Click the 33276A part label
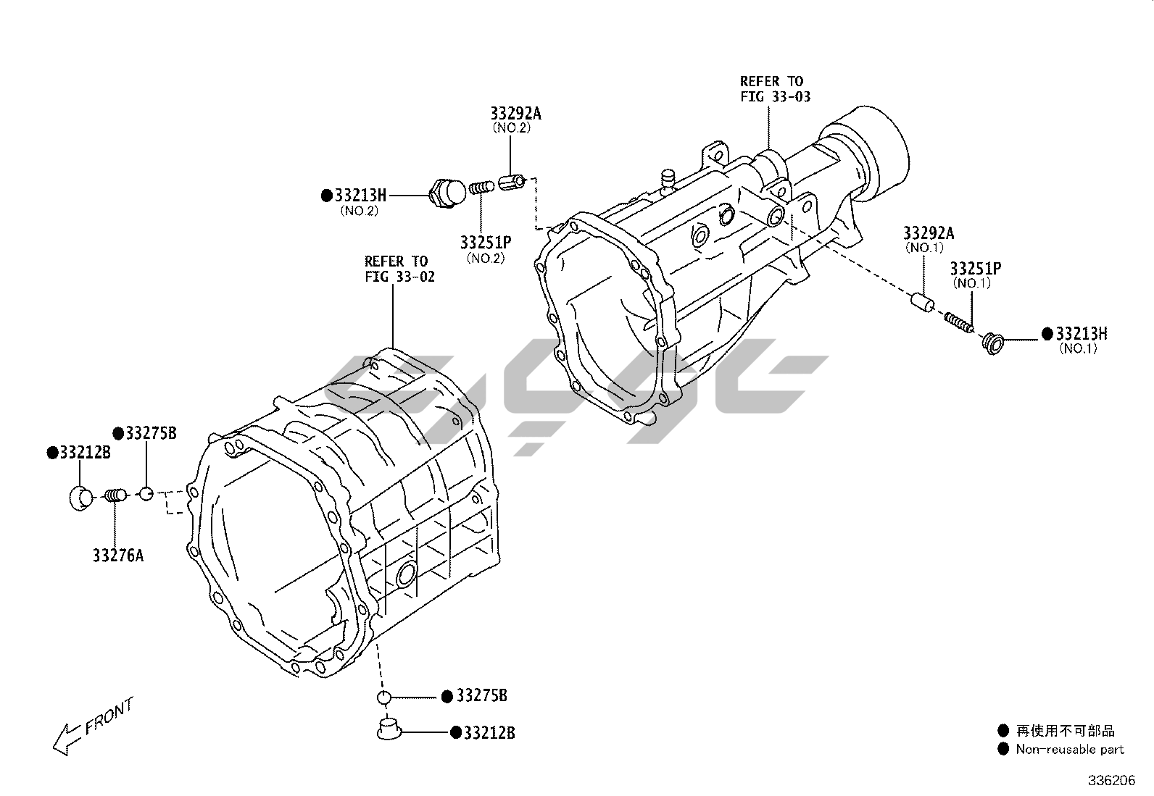(x=117, y=556)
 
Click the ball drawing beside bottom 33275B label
(x=383, y=697)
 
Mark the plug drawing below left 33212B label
(x=80, y=499)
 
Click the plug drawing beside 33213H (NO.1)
(x=992, y=340)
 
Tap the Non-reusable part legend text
(x=1069, y=750)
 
